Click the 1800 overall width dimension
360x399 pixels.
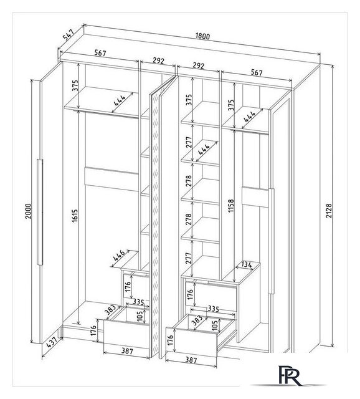[202, 36]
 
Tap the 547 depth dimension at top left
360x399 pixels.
[69, 35]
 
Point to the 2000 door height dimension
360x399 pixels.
[28, 211]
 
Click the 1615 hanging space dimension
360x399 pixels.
[75, 216]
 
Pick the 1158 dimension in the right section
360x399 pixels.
[231, 206]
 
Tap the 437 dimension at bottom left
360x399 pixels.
[52, 344]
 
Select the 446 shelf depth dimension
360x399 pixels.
[119, 255]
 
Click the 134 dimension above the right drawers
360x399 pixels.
[246, 264]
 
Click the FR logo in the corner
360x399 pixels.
[290, 375]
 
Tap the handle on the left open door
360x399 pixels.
[40, 212]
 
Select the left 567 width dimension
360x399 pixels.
[100, 53]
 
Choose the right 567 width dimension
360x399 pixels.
[257, 72]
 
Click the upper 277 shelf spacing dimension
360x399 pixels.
[188, 143]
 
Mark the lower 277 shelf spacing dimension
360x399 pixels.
[188, 258]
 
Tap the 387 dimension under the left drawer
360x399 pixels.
[127, 351]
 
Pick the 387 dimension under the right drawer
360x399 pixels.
[191, 360]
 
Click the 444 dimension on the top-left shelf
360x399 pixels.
[120, 100]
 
